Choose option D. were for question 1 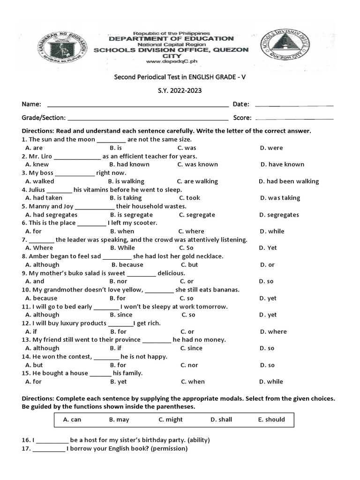[x=272, y=148]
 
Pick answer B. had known [x=129, y=165]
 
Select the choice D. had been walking [x=289, y=181]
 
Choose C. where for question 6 [x=191, y=231]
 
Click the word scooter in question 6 [x=145, y=223]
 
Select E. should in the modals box [x=271, y=420]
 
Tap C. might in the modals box [x=171, y=420]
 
